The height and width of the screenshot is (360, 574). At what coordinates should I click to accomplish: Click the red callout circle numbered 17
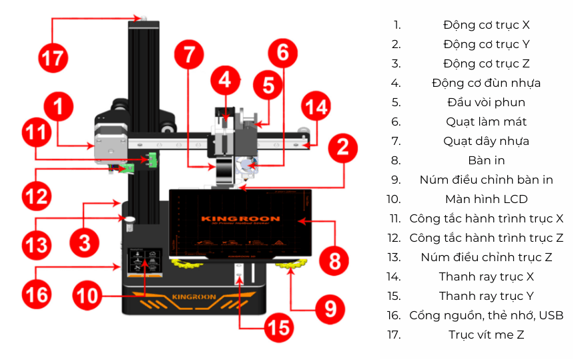point(53,59)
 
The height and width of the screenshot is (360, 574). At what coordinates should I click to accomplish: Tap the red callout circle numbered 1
point(59,107)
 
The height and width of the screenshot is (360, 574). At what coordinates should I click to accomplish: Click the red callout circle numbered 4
point(225,81)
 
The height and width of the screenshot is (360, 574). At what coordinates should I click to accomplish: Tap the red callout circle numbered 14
point(316,107)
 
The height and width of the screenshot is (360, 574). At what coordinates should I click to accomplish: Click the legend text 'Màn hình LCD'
point(486,199)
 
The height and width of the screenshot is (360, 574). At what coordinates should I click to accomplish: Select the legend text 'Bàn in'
point(486,160)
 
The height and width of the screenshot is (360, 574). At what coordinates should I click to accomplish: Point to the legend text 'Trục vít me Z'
point(486,335)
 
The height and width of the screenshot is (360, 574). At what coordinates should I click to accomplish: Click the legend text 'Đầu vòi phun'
point(486,102)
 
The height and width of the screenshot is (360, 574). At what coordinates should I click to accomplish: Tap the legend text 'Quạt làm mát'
point(486,122)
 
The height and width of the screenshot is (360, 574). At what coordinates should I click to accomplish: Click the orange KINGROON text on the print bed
point(240,218)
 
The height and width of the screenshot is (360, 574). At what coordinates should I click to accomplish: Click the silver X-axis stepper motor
point(107,144)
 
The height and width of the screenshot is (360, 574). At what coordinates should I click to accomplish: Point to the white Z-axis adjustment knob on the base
point(129,219)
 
